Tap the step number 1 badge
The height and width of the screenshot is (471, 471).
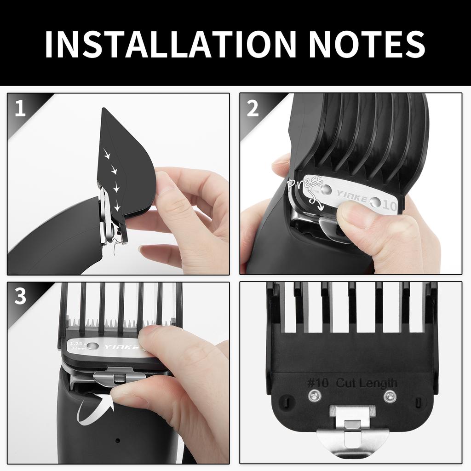(x=20, y=109)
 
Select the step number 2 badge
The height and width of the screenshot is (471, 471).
(x=253, y=109)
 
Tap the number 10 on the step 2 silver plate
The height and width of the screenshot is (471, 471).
(x=389, y=206)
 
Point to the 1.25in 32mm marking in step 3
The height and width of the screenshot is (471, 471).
(x=77, y=345)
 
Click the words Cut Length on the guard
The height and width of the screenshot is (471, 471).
(x=366, y=383)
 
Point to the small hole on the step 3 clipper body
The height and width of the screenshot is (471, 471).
(x=118, y=440)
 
